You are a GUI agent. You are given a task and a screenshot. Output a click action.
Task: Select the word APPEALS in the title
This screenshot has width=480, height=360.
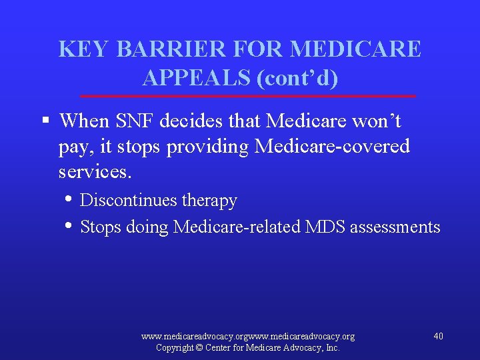tap(197, 78)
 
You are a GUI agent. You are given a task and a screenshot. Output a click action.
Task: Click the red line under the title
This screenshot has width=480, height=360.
tap(247, 97)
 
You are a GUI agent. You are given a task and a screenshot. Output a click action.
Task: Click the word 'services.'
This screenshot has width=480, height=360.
tap(95, 172)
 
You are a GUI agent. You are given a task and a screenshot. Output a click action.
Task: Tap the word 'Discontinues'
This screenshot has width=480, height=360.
tap(125, 201)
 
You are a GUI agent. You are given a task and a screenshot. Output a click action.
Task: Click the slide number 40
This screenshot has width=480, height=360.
tap(438, 336)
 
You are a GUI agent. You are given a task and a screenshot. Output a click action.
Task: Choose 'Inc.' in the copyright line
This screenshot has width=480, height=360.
tap(331, 348)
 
